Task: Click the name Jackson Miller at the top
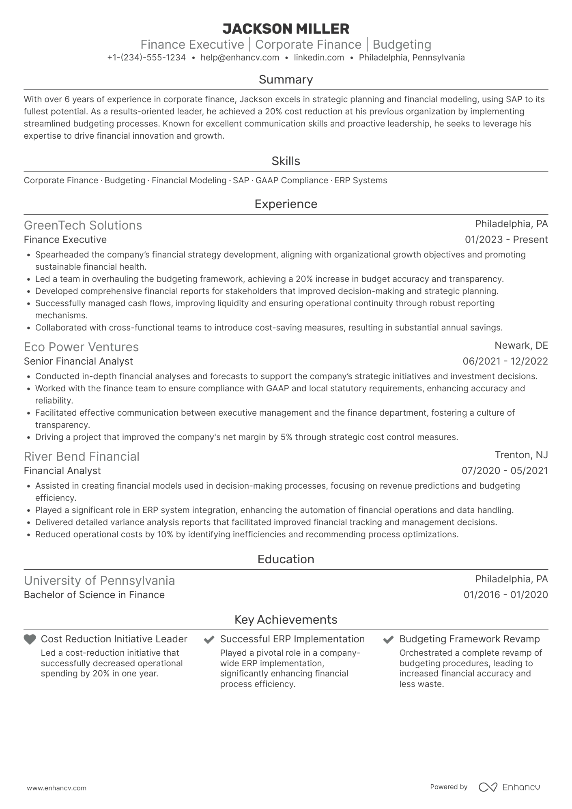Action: point(286,29)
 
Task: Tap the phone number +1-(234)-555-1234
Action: point(146,58)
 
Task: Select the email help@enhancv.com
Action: point(240,58)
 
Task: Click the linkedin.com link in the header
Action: point(319,58)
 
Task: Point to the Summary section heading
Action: point(286,79)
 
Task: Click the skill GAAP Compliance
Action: point(292,180)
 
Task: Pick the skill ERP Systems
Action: point(361,180)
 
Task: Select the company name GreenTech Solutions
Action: point(83,225)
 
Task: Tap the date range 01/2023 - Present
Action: point(506,240)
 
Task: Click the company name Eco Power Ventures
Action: point(81,347)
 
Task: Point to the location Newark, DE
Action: point(521,345)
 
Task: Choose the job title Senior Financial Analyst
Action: point(78,361)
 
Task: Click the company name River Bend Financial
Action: point(82,457)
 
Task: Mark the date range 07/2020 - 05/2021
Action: point(505,471)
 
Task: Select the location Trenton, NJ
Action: point(521,455)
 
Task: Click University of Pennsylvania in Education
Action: point(99,581)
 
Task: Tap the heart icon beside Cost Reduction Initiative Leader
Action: point(30,639)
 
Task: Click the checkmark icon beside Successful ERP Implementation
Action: point(209,640)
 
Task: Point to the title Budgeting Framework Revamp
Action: point(469,639)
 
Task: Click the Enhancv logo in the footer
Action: point(510,787)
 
